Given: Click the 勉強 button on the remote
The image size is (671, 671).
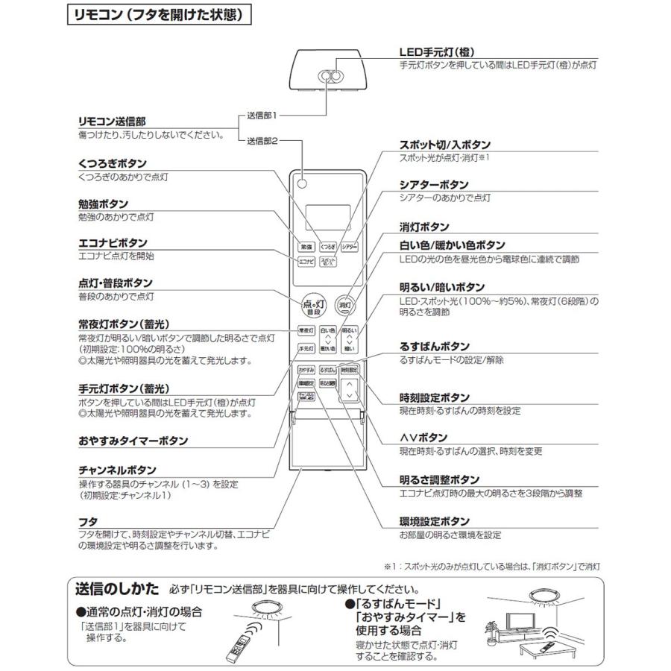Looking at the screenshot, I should [x=306, y=246].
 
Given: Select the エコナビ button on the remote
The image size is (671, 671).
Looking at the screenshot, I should [x=306, y=262].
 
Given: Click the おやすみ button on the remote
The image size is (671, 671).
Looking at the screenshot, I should [x=306, y=370].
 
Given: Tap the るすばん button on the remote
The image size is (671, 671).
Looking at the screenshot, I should [x=327, y=370].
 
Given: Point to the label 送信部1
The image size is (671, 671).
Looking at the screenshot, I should [x=262, y=116].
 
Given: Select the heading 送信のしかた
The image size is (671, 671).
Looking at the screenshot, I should [x=117, y=588].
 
